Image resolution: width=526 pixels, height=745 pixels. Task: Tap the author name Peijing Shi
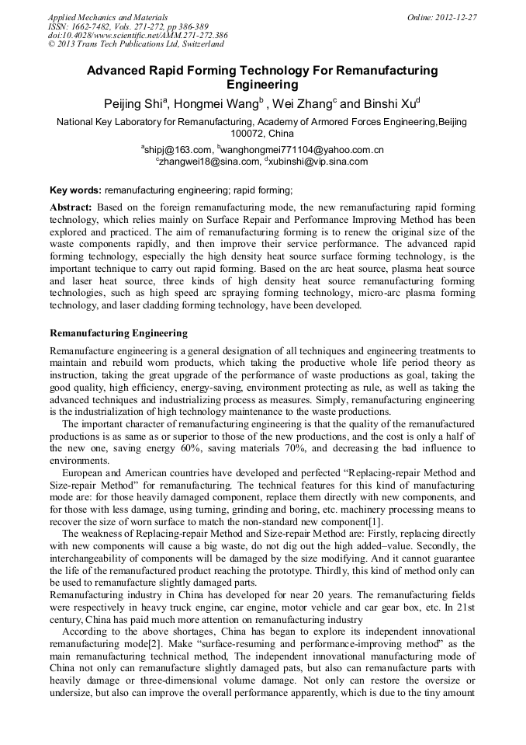coord(137,103)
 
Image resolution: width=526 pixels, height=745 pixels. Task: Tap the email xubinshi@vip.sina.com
coord(318,161)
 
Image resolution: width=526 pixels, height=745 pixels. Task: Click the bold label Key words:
coord(75,189)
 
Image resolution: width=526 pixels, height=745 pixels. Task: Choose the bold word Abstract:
coord(71,207)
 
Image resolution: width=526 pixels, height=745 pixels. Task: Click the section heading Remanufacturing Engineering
coord(118,333)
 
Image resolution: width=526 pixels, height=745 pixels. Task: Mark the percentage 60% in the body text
coord(189,449)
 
